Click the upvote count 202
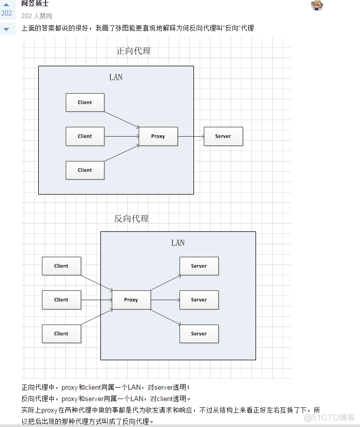[7, 13]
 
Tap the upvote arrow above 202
[7, 4]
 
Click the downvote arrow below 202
[7, 29]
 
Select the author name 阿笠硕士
[35, 4]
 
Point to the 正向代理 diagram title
[133, 51]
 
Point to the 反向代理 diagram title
[131, 218]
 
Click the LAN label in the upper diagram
[116, 77]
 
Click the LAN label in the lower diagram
[178, 243]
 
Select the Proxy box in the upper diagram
[158, 136]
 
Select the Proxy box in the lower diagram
[131, 300]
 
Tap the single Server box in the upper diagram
[223, 136]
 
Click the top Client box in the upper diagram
[85, 102]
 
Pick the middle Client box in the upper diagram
[85, 136]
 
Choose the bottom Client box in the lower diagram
[61, 334]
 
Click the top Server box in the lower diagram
[199, 266]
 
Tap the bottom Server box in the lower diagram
[199, 334]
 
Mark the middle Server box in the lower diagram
[199, 300]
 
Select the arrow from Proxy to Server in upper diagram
[191, 136]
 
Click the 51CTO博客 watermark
[329, 417]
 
